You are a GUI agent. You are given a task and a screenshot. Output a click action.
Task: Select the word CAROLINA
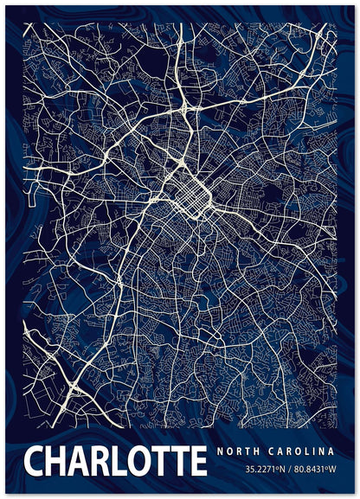coord(305,451)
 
